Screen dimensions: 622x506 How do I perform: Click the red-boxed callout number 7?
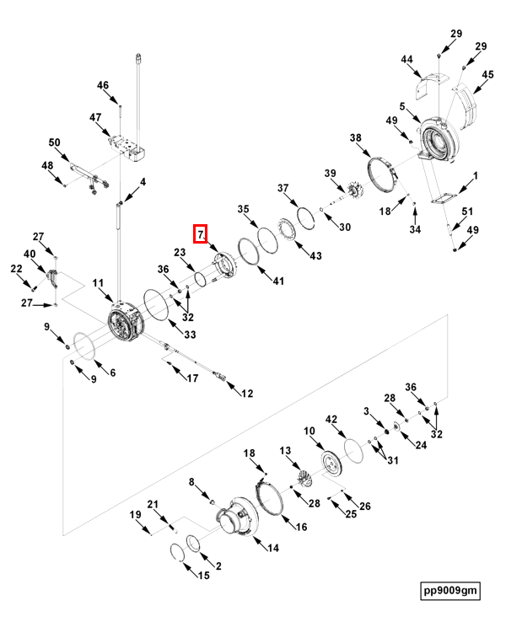(201, 233)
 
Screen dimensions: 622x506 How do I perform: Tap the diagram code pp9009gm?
(450, 590)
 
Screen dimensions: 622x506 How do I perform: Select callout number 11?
(98, 283)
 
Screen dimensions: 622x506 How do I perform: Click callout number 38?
(355, 138)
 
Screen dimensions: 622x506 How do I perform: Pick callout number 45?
(487, 76)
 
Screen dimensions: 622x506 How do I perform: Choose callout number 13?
(285, 452)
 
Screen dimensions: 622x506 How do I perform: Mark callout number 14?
(272, 548)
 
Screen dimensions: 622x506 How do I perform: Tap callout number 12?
(246, 394)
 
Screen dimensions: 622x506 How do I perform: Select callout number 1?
(475, 176)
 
